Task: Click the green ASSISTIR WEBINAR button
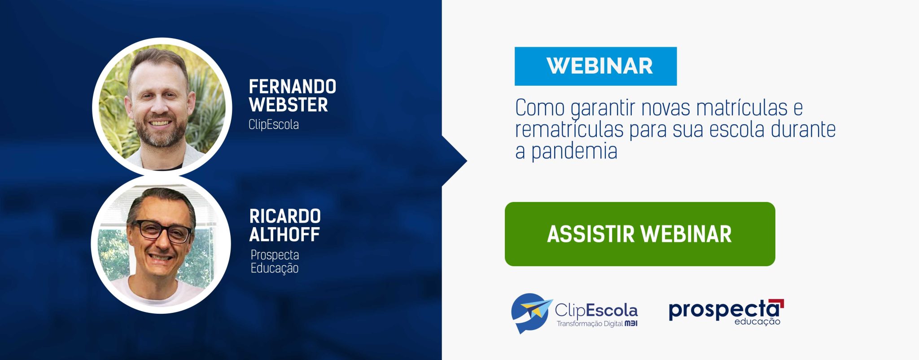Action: [x=640, y=234]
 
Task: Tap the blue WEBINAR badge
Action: [x=595, y=66]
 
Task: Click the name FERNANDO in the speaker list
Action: [x=293, y=87]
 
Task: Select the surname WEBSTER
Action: [x=289, y=105]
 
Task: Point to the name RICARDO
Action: [x=285, y=216]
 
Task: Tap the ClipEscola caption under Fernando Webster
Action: [x=274, y=124]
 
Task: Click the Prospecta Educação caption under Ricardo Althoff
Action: [x=275, y=261]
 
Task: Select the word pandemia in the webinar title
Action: [x=574, y=152]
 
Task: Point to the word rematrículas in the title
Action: [x=569, y=129]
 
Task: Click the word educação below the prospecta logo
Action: [x=757, y=321]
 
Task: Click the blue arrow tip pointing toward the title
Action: [x=467, y=161]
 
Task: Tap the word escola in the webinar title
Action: [x=736, y=129]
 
